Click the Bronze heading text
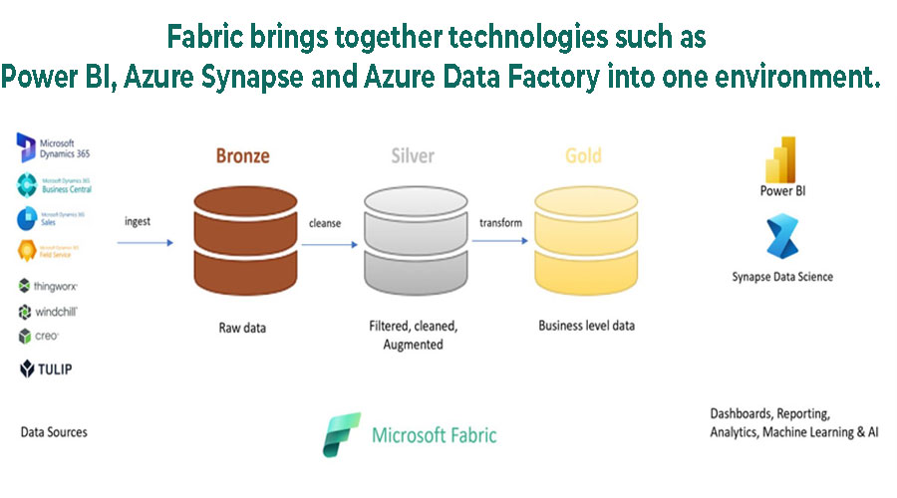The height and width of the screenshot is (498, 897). pos(243,156)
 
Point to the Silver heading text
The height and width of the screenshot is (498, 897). pos(412,156)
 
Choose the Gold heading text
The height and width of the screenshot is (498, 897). pos(583,156)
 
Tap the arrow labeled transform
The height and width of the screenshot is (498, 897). pos(500,240)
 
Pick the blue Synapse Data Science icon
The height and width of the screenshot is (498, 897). pos(781,240)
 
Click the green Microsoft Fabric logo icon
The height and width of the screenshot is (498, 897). pos(342,434)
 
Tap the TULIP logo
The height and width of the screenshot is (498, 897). pos(46,370)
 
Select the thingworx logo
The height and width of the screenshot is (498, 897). pos(48,286)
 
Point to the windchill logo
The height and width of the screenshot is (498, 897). pos(48,312)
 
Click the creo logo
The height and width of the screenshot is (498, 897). pos(40,337)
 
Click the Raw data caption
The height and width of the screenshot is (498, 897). pos(243,326)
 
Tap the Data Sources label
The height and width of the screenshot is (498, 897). pos(54,432)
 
